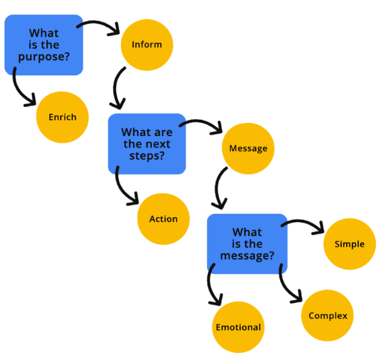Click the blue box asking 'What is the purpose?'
(x=43, y=45)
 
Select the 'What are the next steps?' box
(x=147, y=143)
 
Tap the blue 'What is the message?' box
(x=247, y=243)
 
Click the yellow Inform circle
(x=146, y=45)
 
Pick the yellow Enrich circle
(x=63, y=117)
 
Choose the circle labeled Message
(x=248, y=148)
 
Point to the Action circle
(x=163, y=219)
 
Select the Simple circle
(x=349, y=244)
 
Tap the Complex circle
(x=327, y=315)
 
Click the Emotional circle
(x=238, y=327)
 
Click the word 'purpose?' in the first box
(x=44, y=57)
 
